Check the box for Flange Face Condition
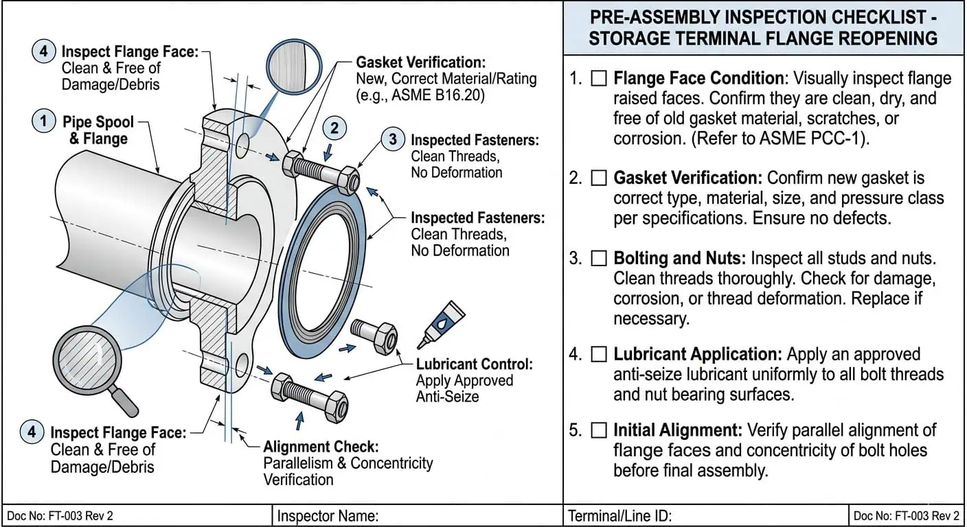(599, 79)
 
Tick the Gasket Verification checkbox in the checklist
(599, 178)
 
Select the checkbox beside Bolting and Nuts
(599, 259)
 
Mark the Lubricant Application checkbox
(599, 355)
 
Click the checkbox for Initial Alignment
(599, 431)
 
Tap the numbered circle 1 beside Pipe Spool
(44, 122)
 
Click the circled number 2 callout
(334, 128)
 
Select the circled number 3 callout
(393, 140)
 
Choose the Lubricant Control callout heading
(474, 364)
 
